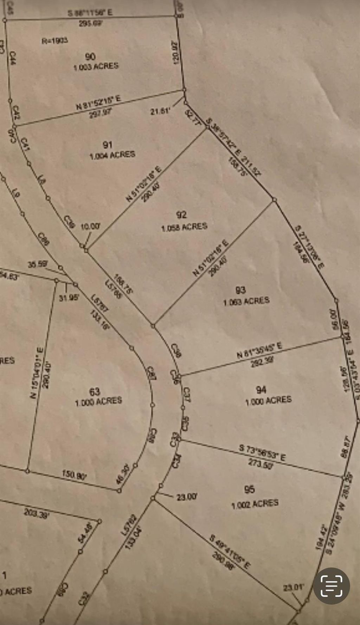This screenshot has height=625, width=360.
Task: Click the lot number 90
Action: (90, 56)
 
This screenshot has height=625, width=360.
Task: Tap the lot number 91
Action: (108, 145)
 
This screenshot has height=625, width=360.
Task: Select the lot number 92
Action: (181, 215)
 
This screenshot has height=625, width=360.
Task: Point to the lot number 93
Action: (240, 290)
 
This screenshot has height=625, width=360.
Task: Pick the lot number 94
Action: (261, 390)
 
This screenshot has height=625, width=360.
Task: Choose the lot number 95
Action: (249, 489)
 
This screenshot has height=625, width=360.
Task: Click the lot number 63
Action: (95, 391)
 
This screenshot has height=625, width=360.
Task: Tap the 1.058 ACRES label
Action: (184, 227)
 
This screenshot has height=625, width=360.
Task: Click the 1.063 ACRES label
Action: (246, 301)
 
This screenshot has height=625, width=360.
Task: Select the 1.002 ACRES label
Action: (255, 503)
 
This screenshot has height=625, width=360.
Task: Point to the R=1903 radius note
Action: (55, 41)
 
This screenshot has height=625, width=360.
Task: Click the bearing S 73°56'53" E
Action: (262, 453)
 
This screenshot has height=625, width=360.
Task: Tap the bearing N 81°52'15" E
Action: (99, 102)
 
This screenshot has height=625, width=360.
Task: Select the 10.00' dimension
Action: (90, 227)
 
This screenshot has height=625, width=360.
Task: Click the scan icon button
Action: (332, 586)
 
